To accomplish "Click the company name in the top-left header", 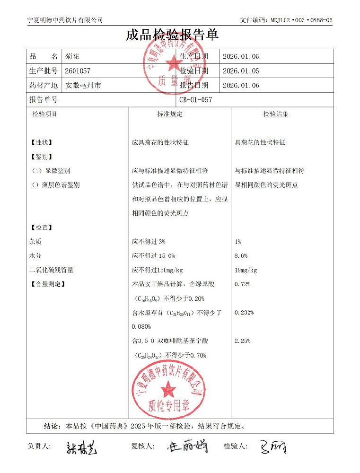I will click(x=65, y=20).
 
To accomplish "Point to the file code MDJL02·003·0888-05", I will click(x=286, y=20).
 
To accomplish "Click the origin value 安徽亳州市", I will click(x=83, y=86).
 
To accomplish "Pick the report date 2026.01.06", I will click(x=241, y=86).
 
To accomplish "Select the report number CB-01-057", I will click(x=196, y=100).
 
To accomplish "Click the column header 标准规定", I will click(x=169, y=114).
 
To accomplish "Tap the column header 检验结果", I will click(x=276, y=114).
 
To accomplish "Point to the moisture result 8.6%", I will click(x=241, y=256).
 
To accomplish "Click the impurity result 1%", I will click(x=237, y=242).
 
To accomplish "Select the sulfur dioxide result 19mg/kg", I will click(x=246, y=270).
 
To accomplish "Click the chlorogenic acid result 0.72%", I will click(x=242, y=284).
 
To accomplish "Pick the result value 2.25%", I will click(x=242, y=341).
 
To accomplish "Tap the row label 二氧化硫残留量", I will click(x=51, y=270).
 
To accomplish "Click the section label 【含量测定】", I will click(x=47, y=284).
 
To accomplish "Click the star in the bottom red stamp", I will click(x=168, y=390).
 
